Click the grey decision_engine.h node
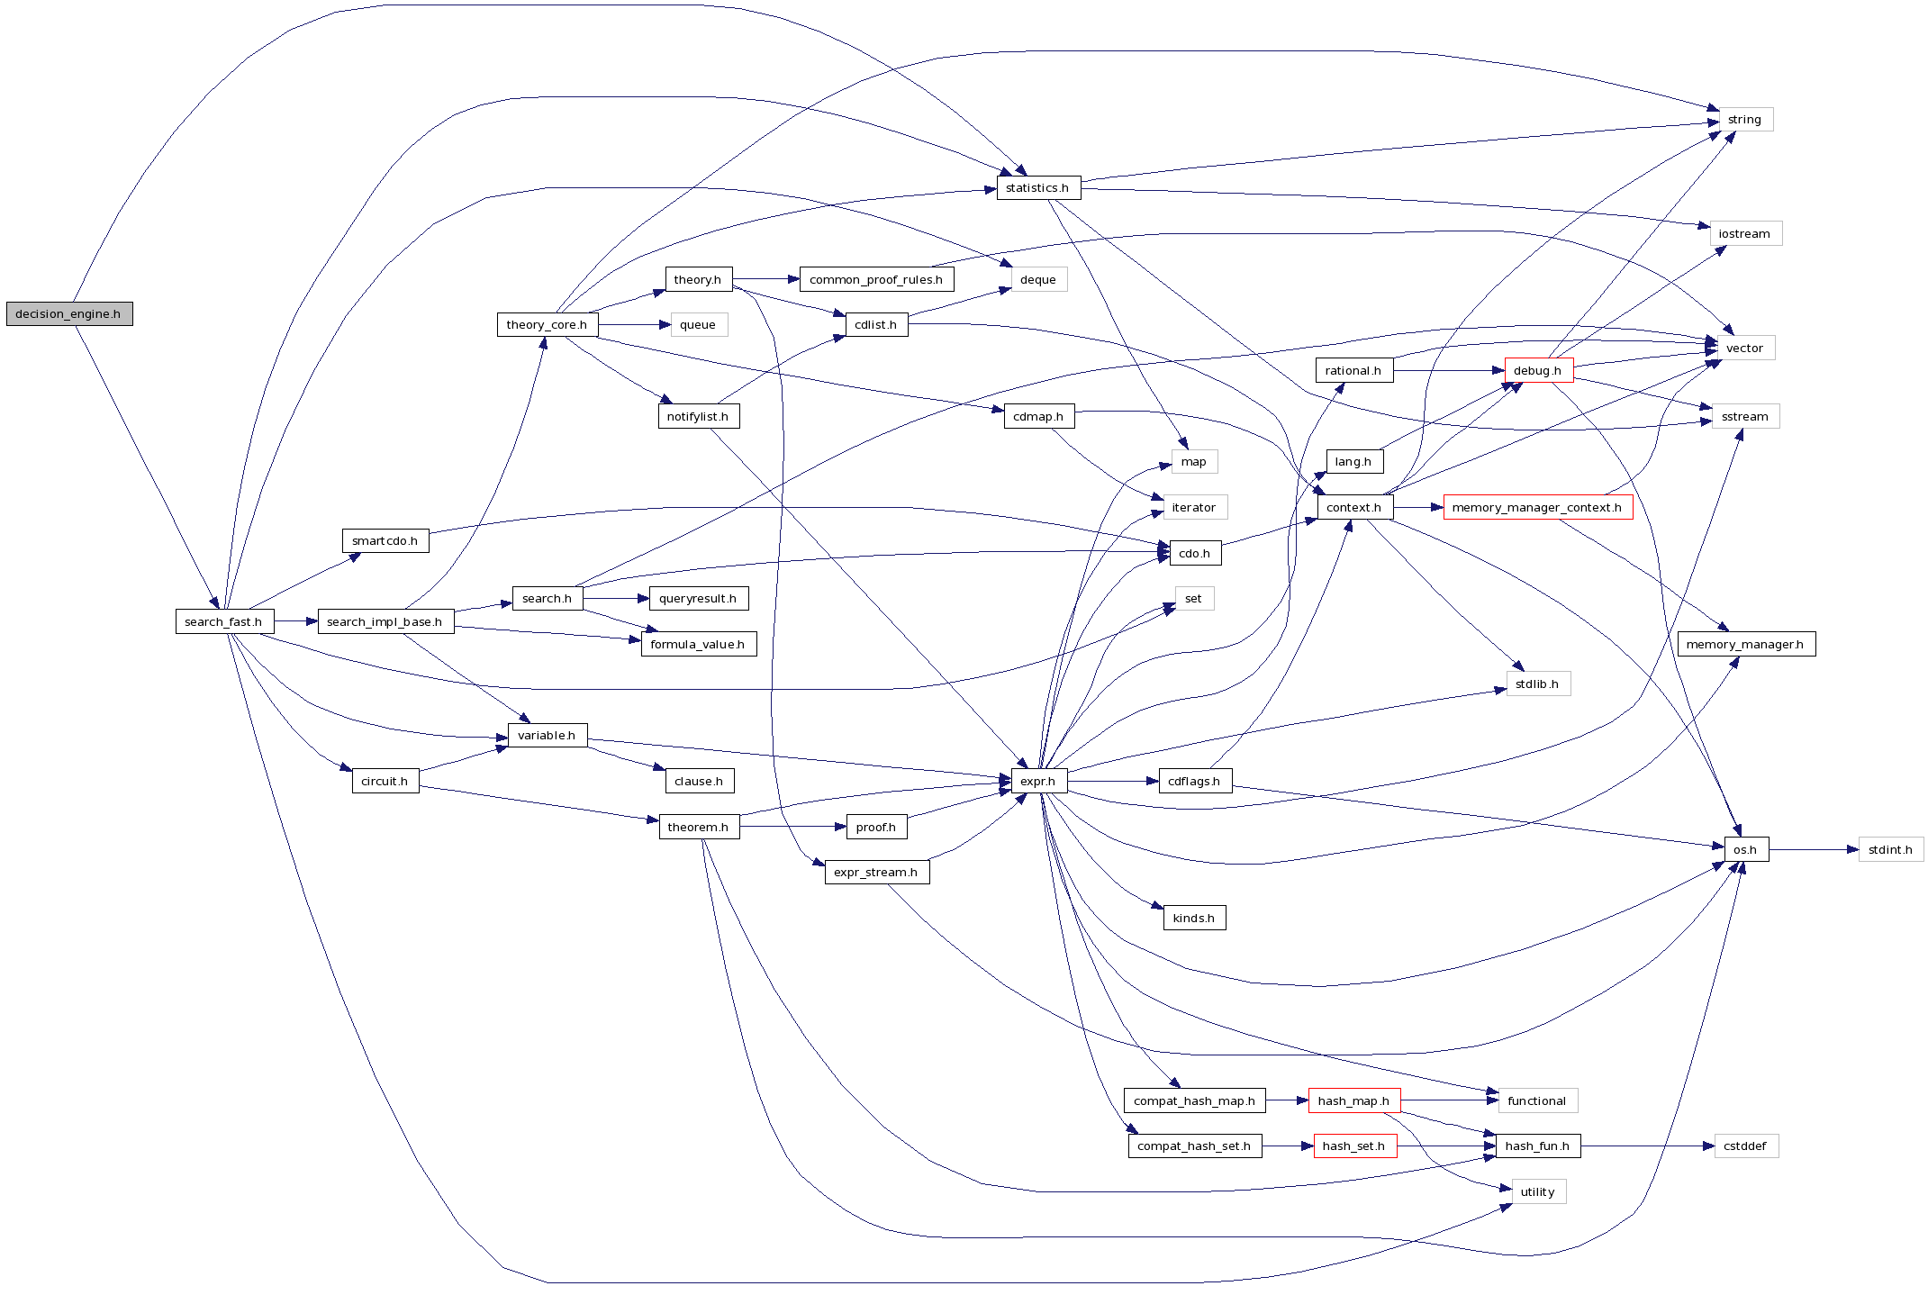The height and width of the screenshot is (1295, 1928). [69, 313]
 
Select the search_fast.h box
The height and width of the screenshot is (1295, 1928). [223, 621]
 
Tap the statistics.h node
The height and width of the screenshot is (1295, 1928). [1037, 187]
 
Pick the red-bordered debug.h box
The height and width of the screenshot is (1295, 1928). [1538, 370]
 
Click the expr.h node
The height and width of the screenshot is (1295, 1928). [1038, 781]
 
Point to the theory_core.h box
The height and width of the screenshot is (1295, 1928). [547, 324]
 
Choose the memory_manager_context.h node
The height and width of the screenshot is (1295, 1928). [1537, 507]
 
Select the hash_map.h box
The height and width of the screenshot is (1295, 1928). [1353, 1100]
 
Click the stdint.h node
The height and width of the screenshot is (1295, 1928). [1890, 849]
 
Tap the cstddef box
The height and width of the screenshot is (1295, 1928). [1745, 1146]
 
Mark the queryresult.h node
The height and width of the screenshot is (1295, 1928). [698, 598]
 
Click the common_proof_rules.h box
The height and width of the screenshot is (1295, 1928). [876, 279]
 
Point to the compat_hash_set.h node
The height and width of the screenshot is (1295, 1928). [1194, 1146]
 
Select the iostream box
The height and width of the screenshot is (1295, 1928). [1745, 233]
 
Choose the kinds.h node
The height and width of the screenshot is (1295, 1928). [1194, 918]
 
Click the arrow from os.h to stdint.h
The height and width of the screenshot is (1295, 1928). [1814, 849]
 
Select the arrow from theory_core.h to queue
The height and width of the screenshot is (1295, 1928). [634, 324]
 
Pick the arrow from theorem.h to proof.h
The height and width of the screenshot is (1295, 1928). [792, 827]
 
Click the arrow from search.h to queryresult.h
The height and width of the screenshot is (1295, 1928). [616, 598]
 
